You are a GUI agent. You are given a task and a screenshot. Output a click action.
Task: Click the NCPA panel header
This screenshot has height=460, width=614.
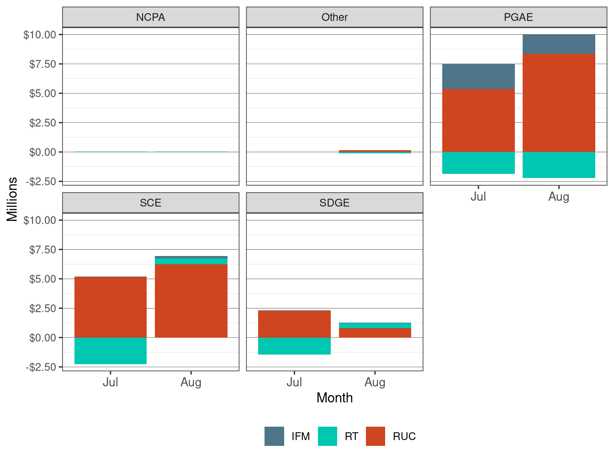[x=150, y=17]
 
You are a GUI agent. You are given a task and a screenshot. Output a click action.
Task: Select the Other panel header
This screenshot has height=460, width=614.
[x=334, y=17]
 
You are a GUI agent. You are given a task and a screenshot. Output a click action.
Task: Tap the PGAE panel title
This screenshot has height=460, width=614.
[x=518, y=17]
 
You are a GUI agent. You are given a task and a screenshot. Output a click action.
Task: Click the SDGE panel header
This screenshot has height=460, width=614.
[x=334, y=203]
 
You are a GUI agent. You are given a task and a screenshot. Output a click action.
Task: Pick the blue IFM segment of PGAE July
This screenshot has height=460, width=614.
[x=478, y=77]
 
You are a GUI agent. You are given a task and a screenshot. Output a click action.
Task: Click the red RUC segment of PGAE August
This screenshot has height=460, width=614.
[x=559, y=103]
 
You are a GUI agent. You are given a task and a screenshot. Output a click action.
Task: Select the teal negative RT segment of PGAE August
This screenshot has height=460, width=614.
[x=559, y=165]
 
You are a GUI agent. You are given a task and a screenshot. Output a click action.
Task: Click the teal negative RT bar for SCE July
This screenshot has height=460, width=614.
[x=111, y=350]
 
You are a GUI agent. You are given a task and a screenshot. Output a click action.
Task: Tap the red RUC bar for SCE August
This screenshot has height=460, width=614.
[x=191, y=301]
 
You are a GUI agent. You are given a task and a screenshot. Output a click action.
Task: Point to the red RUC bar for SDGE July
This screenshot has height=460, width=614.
[x=294, y=324]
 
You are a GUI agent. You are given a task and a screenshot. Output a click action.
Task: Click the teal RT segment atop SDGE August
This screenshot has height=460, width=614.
[x=375, y=325]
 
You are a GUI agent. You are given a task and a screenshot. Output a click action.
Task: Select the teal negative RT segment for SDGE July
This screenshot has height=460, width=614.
[x=294, y=346]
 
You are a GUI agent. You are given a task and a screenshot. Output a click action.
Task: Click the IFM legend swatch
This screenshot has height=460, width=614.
[x=274, y=436]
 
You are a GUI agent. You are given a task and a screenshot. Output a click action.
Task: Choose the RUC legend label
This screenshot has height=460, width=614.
[x=404, y=436]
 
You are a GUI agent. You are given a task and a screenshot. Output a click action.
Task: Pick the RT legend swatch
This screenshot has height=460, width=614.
[x=328, y=436]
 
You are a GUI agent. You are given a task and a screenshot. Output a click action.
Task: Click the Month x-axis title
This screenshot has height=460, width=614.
[x=334, y=397]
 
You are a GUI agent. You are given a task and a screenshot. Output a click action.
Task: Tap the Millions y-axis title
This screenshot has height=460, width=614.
[x=12, y=199]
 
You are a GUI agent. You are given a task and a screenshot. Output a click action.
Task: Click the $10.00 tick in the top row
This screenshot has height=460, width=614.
[x=40, y=35]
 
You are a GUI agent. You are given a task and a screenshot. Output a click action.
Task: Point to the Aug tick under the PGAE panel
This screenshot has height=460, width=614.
[x=559, y=197]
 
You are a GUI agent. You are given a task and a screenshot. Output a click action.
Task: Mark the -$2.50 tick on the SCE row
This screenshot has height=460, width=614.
[x=41, y=367]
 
